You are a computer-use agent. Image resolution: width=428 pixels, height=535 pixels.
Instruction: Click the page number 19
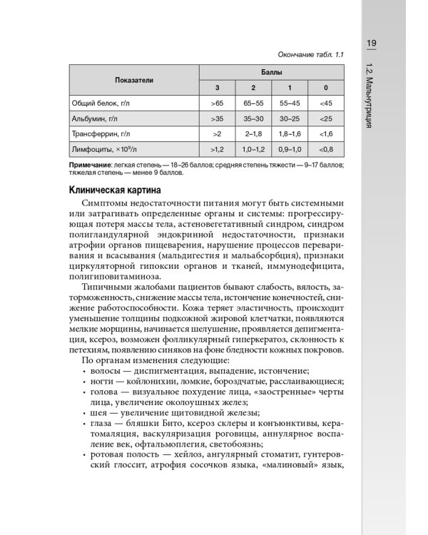372,44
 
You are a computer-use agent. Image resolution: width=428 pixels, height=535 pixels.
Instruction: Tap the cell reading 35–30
253,118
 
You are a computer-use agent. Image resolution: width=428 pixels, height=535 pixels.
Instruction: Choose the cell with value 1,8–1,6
290,133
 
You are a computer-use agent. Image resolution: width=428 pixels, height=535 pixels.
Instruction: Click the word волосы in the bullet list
108,371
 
